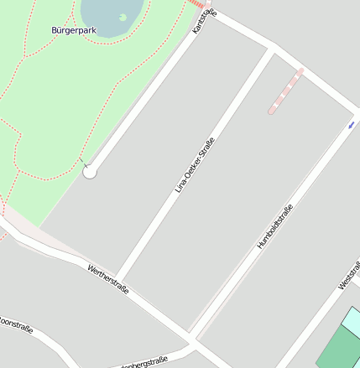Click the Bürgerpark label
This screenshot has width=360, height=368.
pos(74,30)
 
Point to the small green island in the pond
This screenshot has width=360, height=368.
pos(123,17)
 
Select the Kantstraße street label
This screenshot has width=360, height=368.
pos(203,21)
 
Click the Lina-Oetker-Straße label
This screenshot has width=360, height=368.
pos(195,165)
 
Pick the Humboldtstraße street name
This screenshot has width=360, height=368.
pos(275,227)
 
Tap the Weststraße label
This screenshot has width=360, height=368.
pos(349,275)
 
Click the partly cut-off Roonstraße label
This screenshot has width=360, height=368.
pos(16,324)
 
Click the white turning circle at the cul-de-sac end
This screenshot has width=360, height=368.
pos(90,172)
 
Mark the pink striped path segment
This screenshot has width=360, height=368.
pos(285,91)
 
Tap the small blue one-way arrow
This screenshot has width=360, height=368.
pos(351,125)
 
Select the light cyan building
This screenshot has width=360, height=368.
pos(352,322)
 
